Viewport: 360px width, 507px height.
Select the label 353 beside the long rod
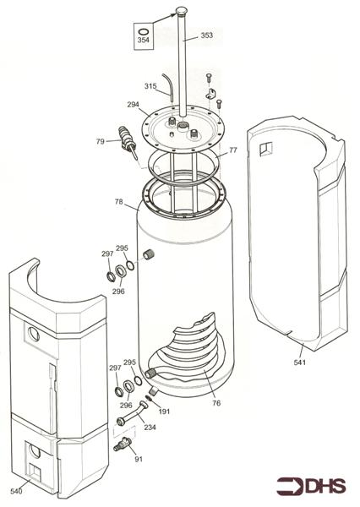(207, 36)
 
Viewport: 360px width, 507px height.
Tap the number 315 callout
(150, 86)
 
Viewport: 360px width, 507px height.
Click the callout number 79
(100, 141)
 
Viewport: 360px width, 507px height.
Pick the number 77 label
(233, 150)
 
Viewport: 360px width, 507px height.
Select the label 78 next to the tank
(119, 202)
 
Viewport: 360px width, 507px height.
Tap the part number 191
(165, 411)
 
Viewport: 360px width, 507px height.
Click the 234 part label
(150, 428)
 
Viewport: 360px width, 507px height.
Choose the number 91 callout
(138, 459)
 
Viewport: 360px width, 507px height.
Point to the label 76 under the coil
(216, 403)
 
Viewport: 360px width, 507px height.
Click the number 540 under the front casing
(15, 490)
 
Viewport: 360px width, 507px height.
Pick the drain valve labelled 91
(123, 443)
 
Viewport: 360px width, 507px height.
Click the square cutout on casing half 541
(266, 150)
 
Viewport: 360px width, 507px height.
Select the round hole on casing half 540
(33, 333)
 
